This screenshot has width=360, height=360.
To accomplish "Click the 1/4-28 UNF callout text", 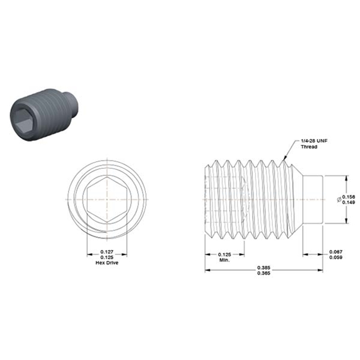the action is click(x=314, y=141).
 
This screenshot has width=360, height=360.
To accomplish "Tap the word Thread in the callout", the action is click(x=309, y=146).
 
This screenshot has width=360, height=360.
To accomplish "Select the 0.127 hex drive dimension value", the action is click(x=107, y=252).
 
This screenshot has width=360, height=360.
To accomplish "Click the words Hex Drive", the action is click(x=107, y=263).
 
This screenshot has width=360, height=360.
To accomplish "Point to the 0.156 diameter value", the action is click(x=349, y=197).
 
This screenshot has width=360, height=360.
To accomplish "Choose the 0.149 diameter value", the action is click(x=349, y=202).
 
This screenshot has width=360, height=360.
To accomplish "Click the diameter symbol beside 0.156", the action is click(x=339, y=200).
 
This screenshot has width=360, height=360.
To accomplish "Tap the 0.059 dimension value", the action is click(x=335, y=257).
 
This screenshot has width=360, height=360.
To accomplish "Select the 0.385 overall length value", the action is click(x=264, y=268).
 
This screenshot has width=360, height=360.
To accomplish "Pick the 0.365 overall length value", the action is click(x=264, y=273).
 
